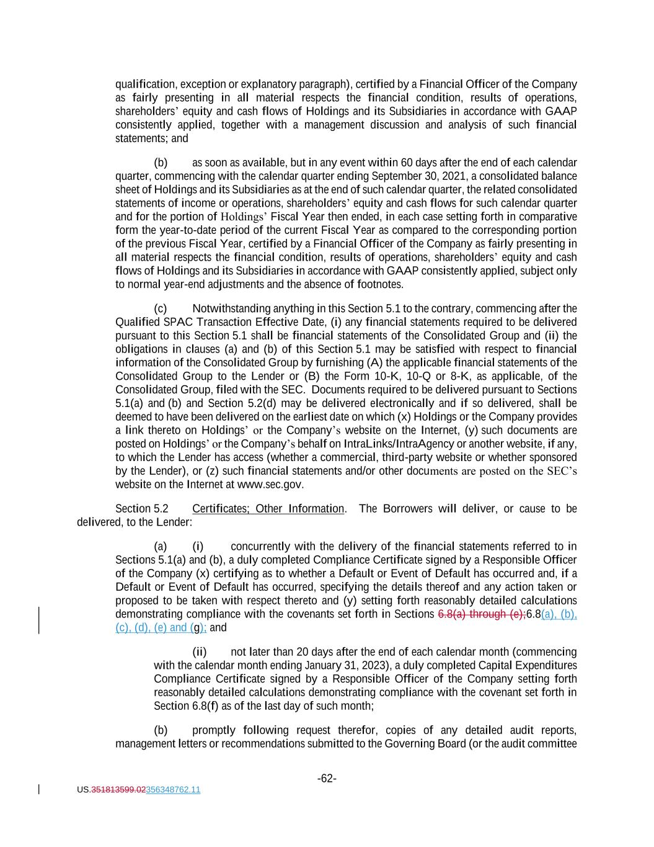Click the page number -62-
pyautogui.click(x=327, y=778)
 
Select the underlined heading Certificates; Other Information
pyautogui.click(x=268, y=509)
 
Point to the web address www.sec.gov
pyautogui.click(x=270, y=485)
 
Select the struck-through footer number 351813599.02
pyautogui.click(x=118, y=790)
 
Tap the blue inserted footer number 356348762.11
pyautogui.click(x=173, y=790)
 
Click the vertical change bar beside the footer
pyautogui.click(x=39, y=789)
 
